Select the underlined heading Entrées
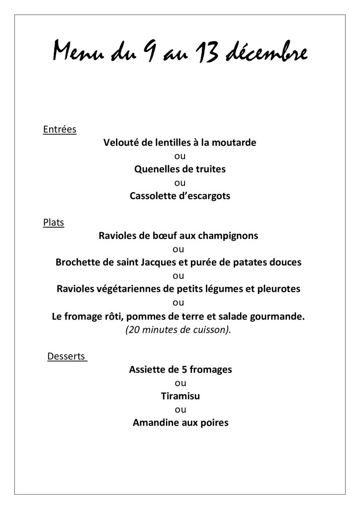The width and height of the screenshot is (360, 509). coord(60,130)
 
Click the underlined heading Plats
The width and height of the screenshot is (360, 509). coord(54,223)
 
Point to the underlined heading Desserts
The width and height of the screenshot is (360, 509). coord(67,356)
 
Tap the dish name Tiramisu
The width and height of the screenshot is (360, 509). coord(180,396)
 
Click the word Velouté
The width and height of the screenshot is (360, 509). coord(121,143)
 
